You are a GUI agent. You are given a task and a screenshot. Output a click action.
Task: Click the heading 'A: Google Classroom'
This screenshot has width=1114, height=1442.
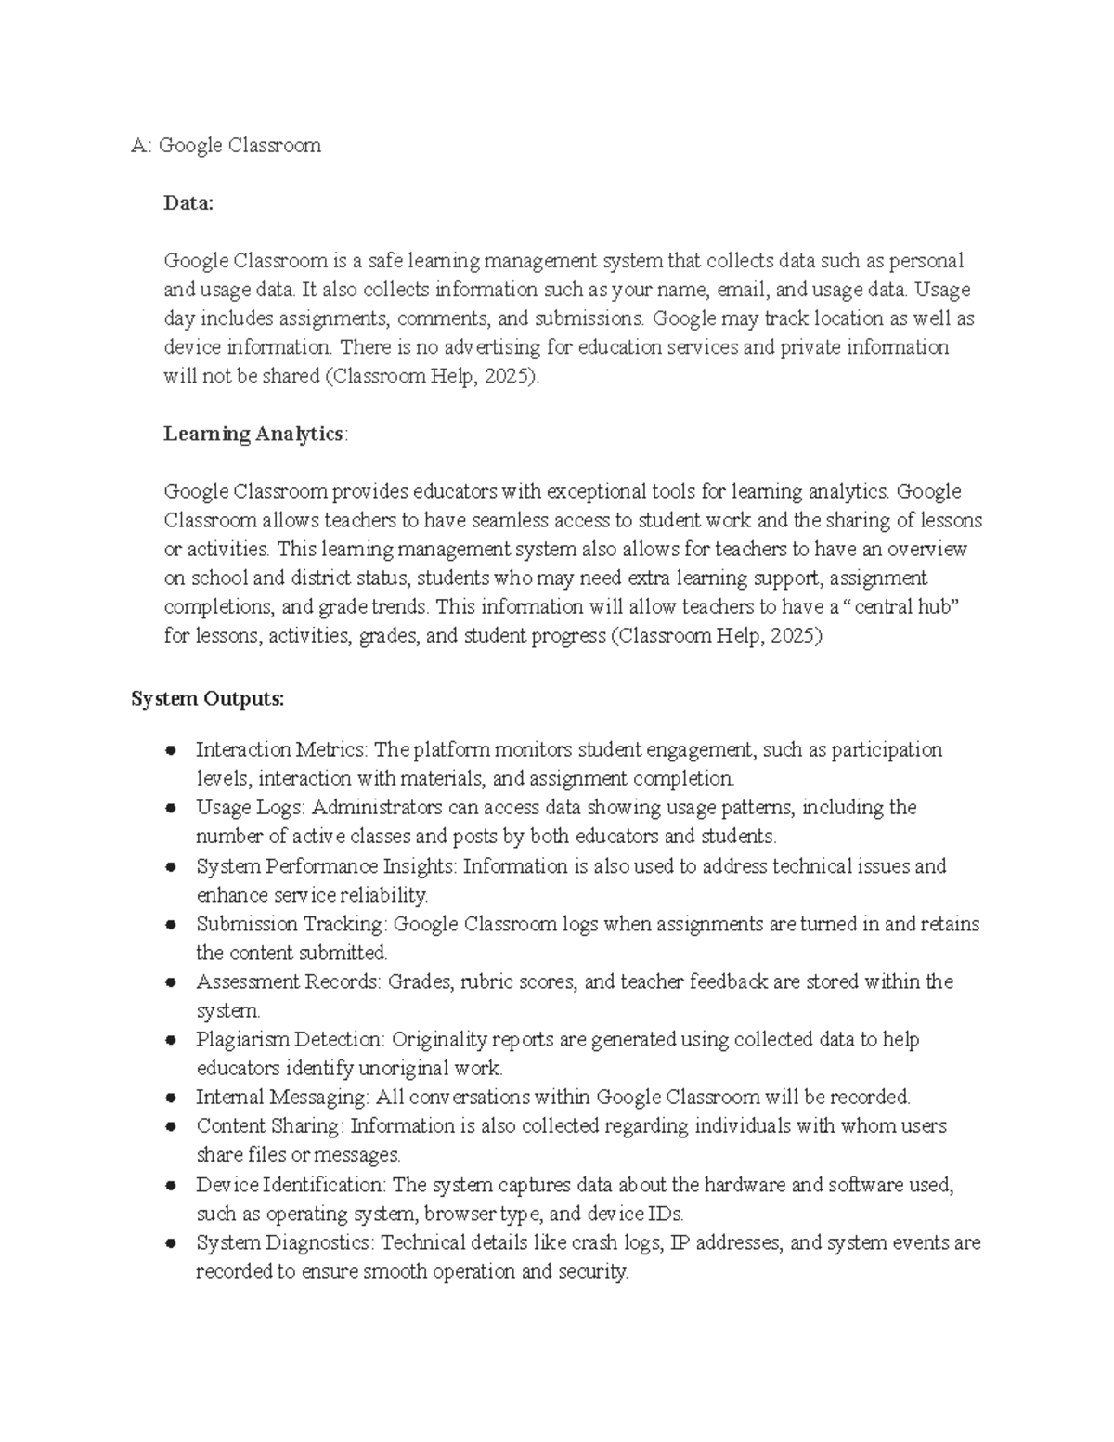[226, 145]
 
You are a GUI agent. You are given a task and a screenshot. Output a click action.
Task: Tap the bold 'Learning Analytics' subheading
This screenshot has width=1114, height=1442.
[253, 434]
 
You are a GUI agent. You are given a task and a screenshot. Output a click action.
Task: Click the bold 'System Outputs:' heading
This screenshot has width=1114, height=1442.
[208, 698]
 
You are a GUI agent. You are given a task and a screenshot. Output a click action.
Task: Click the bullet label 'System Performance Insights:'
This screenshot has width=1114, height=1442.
[327, 866]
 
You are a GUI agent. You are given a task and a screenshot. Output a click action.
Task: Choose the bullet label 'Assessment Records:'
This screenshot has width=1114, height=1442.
[288, 981]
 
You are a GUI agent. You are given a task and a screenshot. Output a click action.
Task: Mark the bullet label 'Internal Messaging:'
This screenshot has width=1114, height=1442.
[282, 1097]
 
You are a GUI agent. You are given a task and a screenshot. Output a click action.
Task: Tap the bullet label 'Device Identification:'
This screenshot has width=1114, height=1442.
[292, 1185]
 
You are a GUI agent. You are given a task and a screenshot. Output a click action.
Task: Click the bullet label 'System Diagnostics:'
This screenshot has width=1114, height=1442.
[285, 1242]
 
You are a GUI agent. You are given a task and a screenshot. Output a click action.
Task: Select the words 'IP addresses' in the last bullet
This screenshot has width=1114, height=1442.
[725, 1242]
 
